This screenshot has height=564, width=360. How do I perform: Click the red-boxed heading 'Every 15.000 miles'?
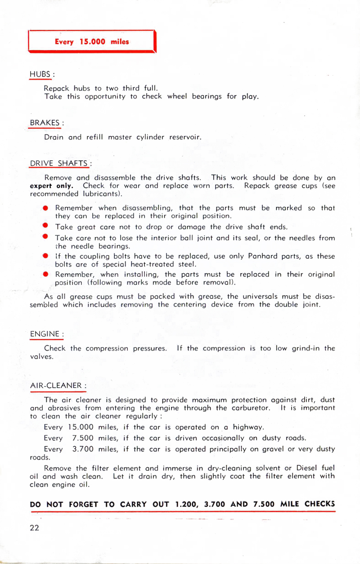92,42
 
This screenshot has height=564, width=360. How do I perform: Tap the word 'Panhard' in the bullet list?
263,256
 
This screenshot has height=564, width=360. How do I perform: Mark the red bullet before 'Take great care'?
46,226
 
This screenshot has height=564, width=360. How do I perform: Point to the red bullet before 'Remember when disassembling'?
46,208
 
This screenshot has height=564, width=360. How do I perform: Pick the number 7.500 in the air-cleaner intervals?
82,438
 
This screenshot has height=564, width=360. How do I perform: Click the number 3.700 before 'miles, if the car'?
82,449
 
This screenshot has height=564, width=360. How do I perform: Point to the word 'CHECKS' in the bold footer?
319,504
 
